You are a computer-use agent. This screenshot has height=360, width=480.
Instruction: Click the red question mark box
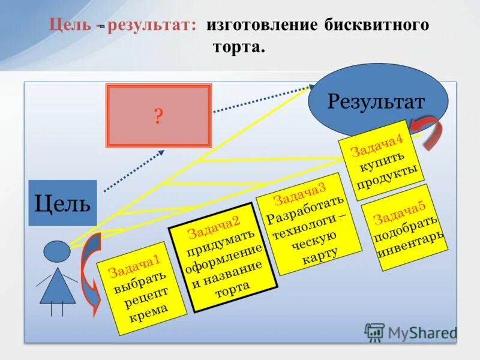[158, 116]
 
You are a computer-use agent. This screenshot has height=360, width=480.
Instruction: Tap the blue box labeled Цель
[62, 203]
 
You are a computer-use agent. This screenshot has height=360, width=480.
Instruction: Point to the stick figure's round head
[57, 250]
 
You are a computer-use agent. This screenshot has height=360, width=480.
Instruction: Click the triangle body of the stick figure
[58, 287]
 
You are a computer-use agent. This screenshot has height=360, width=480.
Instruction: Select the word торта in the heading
[239, 47]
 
